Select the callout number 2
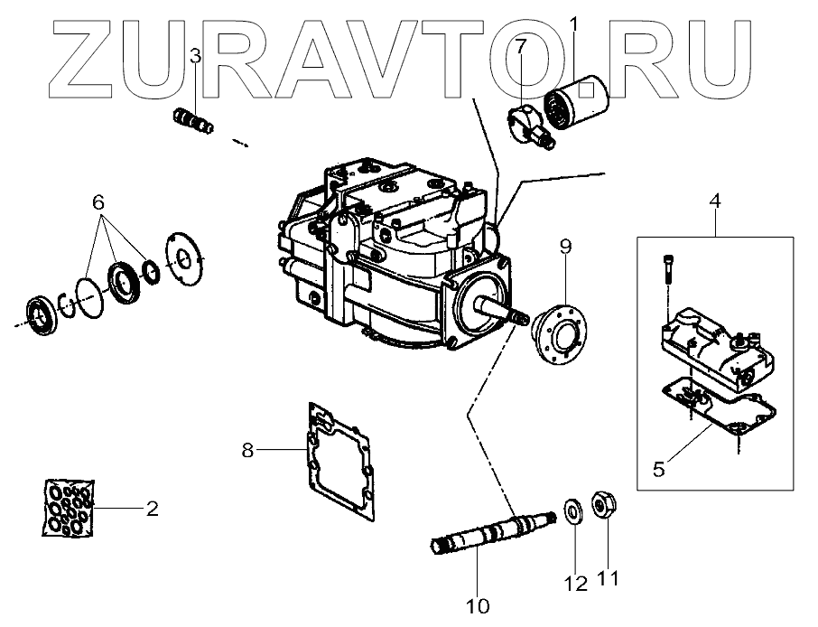153,509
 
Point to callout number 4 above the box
714,201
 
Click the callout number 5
658,469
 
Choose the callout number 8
246,448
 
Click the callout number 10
476,604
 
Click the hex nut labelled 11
602,503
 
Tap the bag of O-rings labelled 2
69,510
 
